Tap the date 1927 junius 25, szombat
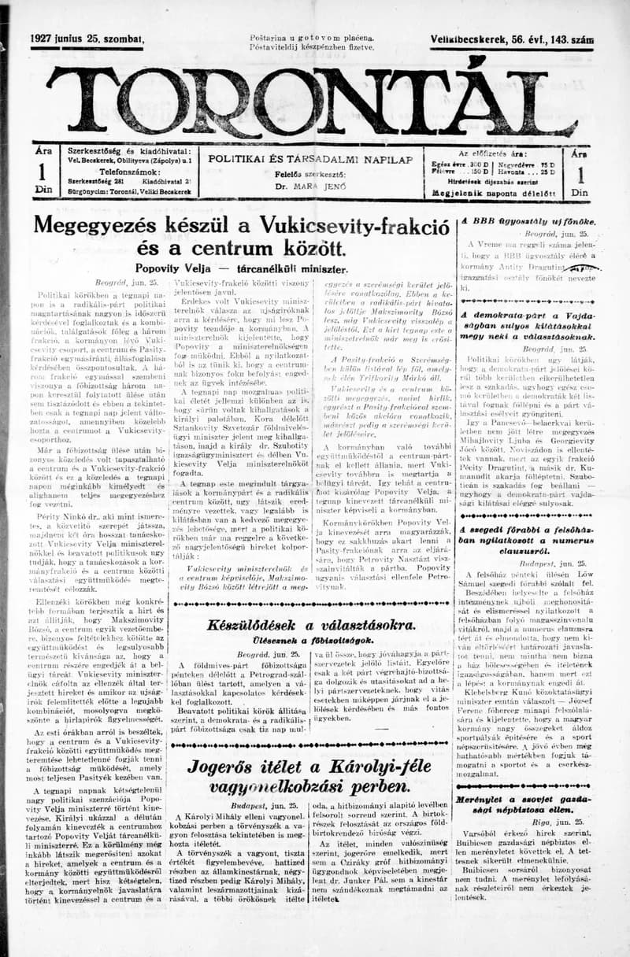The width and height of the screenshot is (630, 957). tap(87, 39)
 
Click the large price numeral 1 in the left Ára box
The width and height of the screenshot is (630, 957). tap(43, 172)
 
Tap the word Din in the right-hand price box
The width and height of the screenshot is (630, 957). tap(580, 191)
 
